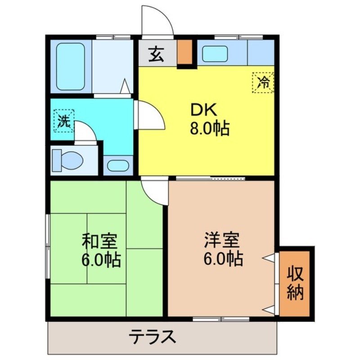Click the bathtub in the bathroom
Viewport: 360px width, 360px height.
pyautogui.click(x=71, y=67)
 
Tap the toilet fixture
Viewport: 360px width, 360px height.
pyautogui.click(x=66, y=160)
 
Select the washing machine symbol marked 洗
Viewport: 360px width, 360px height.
pyautogui.click(x=63, y=120)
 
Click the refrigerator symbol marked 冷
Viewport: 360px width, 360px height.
pyautogui.click(x=263, y=82)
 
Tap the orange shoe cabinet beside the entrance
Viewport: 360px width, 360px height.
pyautogui.click(x=184, y=53)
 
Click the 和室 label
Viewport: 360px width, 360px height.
pyautogui.click(x=99, y=242)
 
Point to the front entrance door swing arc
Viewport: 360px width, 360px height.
pyautogui.click(x=157, y=20)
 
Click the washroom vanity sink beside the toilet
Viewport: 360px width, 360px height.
pyautogui.click(x=118, y=165)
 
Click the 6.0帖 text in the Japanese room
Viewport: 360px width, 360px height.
pyautogui.click(x=101, y=260)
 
